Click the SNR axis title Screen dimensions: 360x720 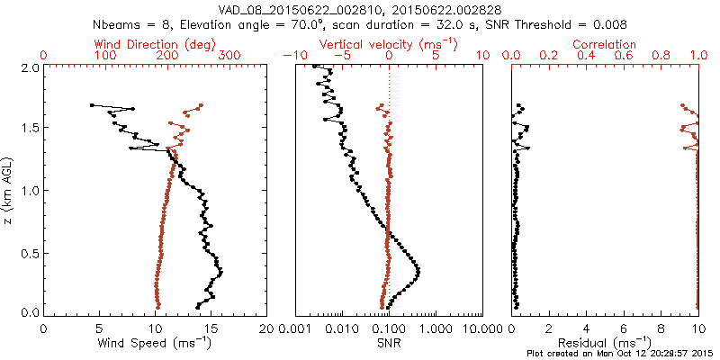388,343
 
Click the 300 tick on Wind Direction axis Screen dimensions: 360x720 230,56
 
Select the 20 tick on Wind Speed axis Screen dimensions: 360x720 266,328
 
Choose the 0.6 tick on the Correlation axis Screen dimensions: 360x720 625,56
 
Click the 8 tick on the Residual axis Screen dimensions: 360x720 661,328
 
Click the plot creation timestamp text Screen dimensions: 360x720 620,354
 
